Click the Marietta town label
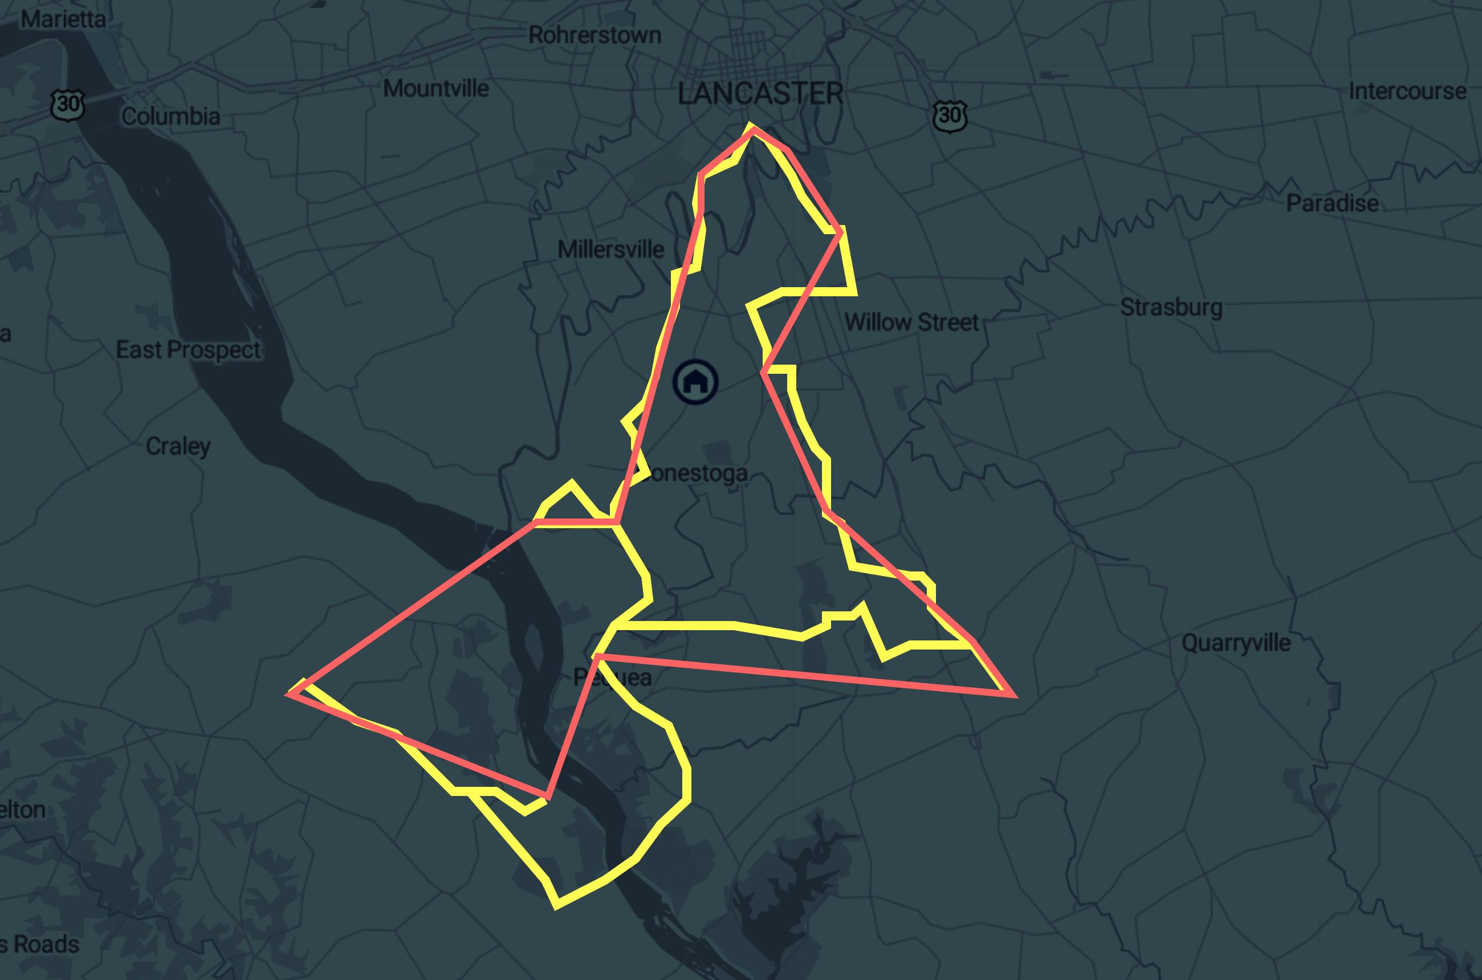point(63,19)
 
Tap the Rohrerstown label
point(595,35)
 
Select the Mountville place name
point(436,88)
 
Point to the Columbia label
point(170,116)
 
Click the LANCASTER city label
point(760,94)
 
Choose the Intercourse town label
point(1407,91)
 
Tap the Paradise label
point(1332,203)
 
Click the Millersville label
point(611,250)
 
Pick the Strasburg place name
point(1171,307)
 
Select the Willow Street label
point(911,322)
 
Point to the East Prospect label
point(188,350)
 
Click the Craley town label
point(178,446)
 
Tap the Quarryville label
point(1236,643)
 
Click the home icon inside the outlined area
point(695,381)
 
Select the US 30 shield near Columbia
point(67,104)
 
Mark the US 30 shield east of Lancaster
point(949,116)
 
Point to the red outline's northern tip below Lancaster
point(752,129)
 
